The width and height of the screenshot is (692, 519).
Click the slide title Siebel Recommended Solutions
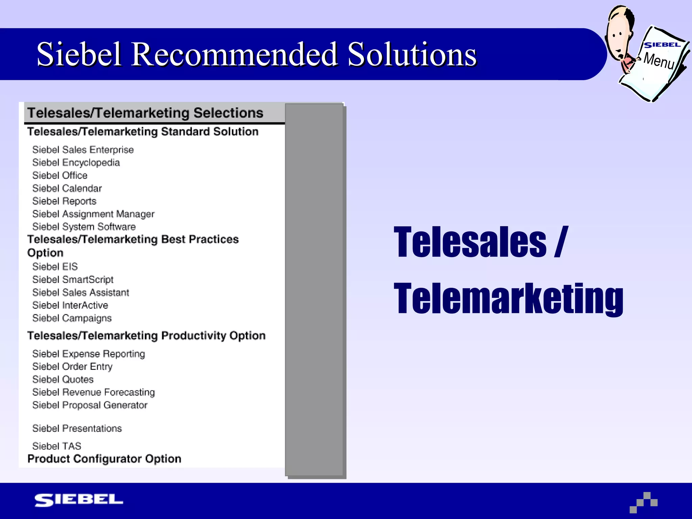pos(256,54)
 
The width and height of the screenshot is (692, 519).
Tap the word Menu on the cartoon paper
pos(659,60)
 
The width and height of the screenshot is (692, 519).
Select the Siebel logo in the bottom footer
pos(79,500)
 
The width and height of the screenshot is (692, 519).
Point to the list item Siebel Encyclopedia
pos(76,163)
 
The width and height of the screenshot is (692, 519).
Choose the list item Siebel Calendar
pos(67,188)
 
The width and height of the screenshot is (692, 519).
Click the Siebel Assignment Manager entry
pos(93,214)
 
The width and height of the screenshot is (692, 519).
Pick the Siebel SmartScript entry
pos(73,279)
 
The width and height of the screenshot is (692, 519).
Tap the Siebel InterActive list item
pos(70,305)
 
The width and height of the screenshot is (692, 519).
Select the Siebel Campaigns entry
pos(72,318)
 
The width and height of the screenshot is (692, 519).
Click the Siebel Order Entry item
pos(72,367)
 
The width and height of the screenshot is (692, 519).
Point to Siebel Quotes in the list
pos(63,379)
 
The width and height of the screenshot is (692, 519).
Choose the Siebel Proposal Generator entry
pos(90,405)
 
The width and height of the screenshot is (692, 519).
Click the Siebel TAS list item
pos(57,446)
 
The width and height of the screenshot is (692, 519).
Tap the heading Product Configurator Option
pos(104,459)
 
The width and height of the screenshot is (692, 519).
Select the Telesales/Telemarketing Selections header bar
pos(145,113)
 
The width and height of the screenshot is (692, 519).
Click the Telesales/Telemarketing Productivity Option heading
pos(146,336)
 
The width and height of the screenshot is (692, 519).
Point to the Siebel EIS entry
pos(55,267)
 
